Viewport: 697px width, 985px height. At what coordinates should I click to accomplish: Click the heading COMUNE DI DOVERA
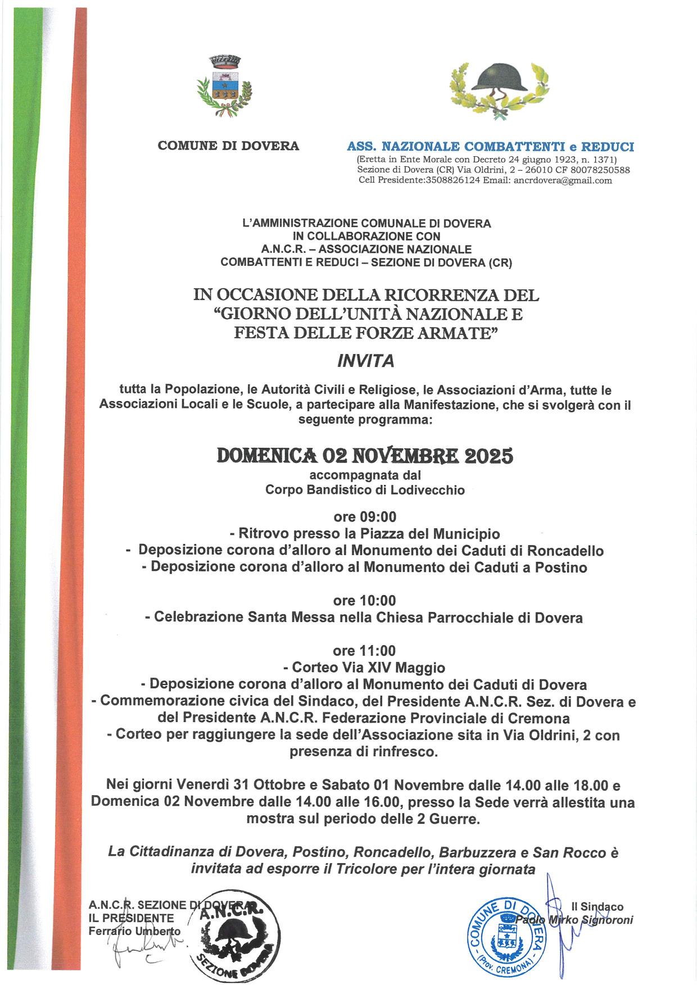[228, 146]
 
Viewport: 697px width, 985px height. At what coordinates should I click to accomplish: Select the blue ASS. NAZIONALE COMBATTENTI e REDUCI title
[491, 147]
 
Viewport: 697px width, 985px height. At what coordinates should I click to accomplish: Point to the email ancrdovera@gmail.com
[563, 180]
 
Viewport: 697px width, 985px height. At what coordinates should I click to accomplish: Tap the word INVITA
[365, 362]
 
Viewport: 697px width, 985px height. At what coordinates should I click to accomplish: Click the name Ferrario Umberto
[135, 931]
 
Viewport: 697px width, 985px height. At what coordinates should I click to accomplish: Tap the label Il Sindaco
[597, 907]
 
